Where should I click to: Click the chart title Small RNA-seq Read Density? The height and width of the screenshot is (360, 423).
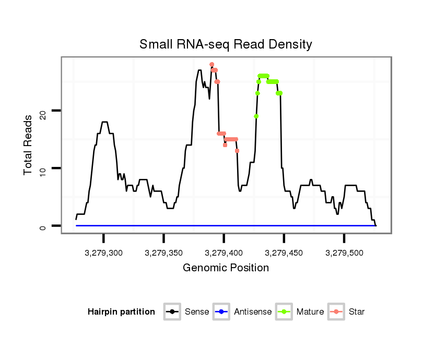pyautogui.click(x=226, y=44)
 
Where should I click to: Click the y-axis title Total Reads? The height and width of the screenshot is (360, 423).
pyautogui.click(x=29, y=145)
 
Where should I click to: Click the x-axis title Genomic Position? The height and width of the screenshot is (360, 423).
pyautogui.click(x=226, y=268)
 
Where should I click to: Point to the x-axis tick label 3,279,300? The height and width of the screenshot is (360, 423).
pyautogui.click(x=103, y=253)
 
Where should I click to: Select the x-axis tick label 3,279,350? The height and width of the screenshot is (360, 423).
pyautogui.click(x=163, y=253)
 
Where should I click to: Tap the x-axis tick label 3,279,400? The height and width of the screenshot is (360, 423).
pyautogui.click(x=224, y=253)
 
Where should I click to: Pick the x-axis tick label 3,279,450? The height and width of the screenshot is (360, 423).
pyautogui.click(x=284, y=253)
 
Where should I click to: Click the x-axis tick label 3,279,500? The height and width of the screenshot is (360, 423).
pyautogui.click(x=344, y=253)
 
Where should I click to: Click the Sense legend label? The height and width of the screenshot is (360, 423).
pyautogui.click(x=197, y=312)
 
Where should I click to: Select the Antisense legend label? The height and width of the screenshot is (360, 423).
pyautogui.click(x=253, y=312)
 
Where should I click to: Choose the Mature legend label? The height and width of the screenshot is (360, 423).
pyautogui.click(x=310, y=312)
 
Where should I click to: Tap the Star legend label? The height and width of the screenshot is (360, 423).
pyautogui.click(x=356, y=312)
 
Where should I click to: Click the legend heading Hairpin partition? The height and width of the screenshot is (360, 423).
pyautogui.click(x=121, y=312)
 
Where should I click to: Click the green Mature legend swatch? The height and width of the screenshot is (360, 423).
pyautogui.click(x=284, y=312)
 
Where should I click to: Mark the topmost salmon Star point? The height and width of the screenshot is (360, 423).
pyautogui.click(x=211, y=65)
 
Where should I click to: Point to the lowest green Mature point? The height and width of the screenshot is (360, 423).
pyautogui.click(x=256, y=116)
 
